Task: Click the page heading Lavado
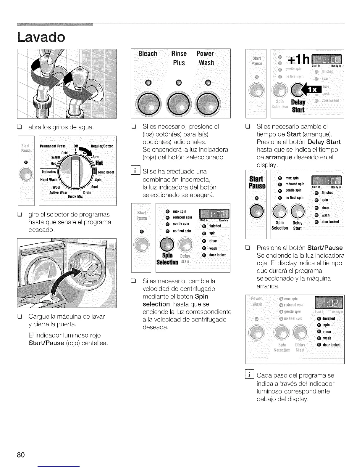pyautogui.click(x=41, y=37)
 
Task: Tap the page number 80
pyautogui.click(x=21, y=454)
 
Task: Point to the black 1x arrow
pyautogui.click(x=306, y=89)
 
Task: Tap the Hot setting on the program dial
pyautogui.click(x=99, y=163)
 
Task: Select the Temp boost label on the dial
pyautogui.click(x=106, y=172)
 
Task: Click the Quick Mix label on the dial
pyautogui.click(x=75, y=196)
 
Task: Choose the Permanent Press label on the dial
pyautogui.click(x=53, y=146)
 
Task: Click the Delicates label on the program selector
pyautogui.click(x=49, y=172)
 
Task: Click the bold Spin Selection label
pyautogui.click(x=167, y=259)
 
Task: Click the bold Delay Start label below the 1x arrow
pyautogui.click(x=298, y=106)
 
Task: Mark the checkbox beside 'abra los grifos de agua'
pyautogui.click(x=20, y=128)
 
